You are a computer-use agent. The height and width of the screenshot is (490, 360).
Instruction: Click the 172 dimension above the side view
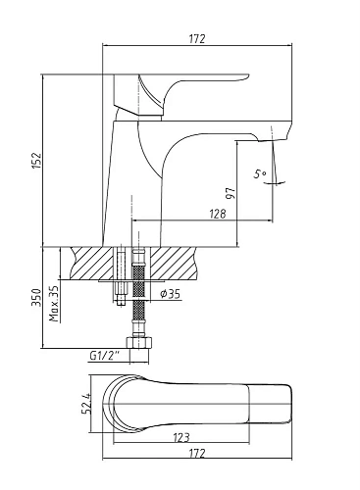point(197,39)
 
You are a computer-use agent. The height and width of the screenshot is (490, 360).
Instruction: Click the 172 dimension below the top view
point(197,454)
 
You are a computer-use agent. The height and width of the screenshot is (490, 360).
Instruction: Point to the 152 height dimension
point(37,161)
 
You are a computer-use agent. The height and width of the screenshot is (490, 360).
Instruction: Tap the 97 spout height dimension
point(231,193)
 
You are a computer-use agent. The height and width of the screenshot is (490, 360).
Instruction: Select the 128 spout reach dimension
point(217,214)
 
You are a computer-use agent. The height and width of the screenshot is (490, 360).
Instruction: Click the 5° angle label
point(260,174)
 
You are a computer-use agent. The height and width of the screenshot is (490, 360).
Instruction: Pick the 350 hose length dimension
point(36,297)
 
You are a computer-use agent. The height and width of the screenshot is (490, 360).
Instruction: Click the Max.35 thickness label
point(54,304)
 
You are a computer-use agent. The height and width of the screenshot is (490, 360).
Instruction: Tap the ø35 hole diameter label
point(170,294)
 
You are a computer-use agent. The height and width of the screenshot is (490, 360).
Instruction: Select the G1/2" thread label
point(104,356)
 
